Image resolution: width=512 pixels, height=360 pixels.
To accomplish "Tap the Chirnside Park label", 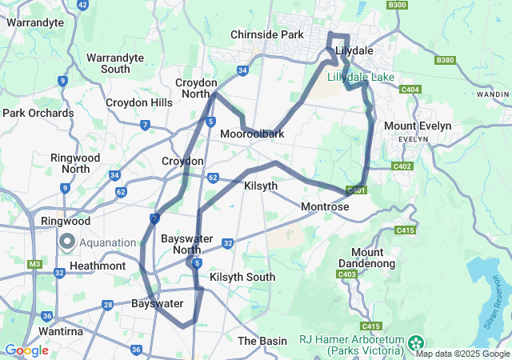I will pos(266,35).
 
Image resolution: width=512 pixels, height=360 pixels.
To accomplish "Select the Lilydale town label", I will pos(354,50).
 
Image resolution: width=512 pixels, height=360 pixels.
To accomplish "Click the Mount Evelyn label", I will pos(418,126).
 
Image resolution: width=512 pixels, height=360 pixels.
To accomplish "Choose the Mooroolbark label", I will pos(252,134).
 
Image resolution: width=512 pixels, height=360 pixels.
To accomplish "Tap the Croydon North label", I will pos(196,88).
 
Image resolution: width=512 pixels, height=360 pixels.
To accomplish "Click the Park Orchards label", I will pos(38,113).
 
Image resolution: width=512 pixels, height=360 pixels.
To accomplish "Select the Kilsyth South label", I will pos(242,277).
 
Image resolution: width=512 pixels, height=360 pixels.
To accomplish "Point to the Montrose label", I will pos(325,206).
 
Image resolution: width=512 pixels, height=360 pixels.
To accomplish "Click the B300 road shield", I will pos(397,5).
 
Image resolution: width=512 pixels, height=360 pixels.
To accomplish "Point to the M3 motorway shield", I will pos(34,264).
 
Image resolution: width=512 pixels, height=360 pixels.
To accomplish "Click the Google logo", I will pos(26,350).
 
